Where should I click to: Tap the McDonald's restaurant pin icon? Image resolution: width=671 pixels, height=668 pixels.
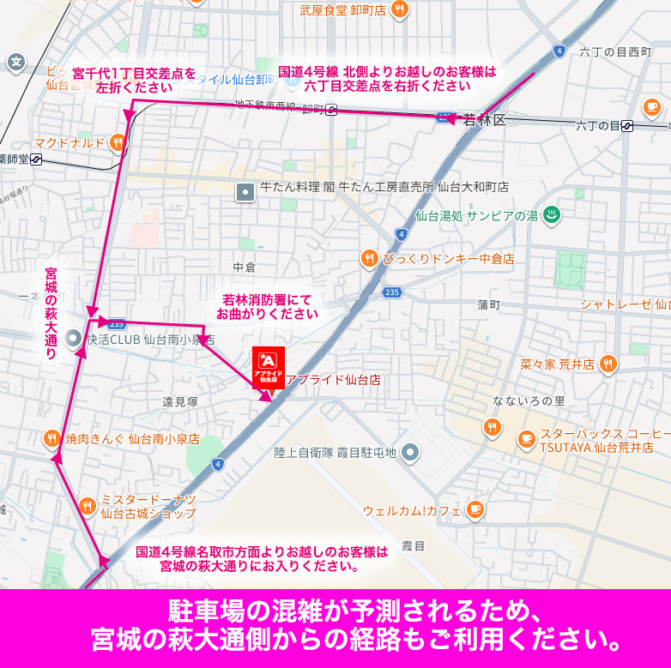click(118, 142)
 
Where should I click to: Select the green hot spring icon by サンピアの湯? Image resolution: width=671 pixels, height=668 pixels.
click(553, 216)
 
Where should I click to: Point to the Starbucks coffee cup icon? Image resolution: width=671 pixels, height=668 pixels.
click(526, 438)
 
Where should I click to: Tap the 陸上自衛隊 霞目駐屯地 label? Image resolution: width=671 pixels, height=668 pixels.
click(335, 453)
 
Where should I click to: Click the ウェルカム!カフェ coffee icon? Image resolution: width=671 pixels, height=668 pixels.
click(475, 510)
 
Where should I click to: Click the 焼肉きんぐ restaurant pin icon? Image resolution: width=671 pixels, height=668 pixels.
click(52, 438)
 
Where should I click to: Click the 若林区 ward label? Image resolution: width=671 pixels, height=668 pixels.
click(485, 121)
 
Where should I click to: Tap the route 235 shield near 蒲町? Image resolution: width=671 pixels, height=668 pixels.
click(391, 292)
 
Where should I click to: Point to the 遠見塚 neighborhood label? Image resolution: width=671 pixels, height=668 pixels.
click(180, 401)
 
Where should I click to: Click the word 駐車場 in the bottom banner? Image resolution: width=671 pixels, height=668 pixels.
click(206, 612)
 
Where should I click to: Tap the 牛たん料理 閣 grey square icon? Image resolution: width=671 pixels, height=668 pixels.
click(246, 192)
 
